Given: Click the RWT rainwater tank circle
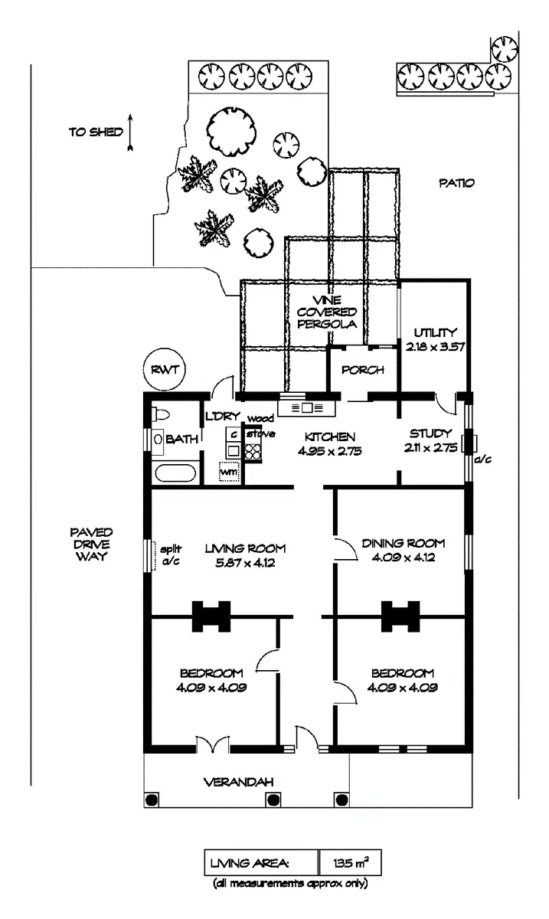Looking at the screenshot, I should [164, 370].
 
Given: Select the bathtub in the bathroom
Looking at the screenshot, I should [175, 471].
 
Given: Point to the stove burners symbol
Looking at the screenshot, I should [253, 450].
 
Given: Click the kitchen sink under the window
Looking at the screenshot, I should [307, 408].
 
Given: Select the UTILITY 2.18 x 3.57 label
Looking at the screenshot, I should [435, 339].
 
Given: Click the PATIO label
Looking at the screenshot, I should [457, 183].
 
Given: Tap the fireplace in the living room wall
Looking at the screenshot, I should [211, 615].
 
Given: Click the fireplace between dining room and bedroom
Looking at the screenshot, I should [400, 615].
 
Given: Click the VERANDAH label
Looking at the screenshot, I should [238, 782].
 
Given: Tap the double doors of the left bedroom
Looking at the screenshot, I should [211, 744].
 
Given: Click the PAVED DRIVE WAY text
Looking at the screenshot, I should [91, 544].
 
